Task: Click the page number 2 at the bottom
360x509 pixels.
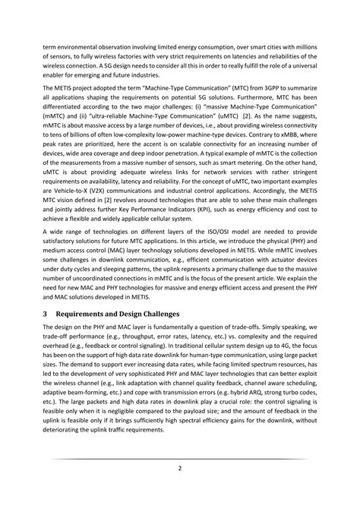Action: click(180, 468)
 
